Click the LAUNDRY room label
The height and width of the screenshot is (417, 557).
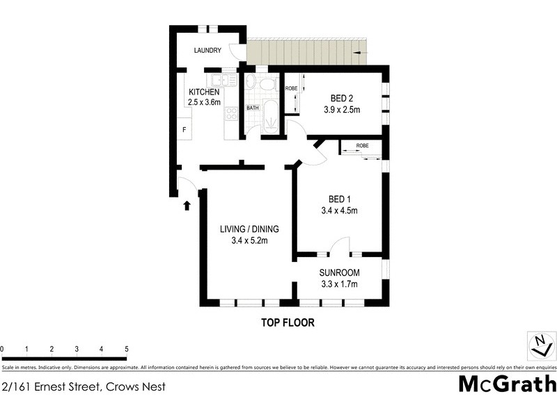coord(207,50)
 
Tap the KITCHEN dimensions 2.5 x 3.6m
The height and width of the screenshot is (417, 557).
coord(203,103)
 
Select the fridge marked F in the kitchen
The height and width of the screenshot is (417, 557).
coord(185,129)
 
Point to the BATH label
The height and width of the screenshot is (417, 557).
coord(253,108)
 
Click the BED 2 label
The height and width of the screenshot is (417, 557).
coord(340,98)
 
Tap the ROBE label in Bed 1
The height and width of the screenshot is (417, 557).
coord(362,146)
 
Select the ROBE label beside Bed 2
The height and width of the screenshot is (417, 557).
coord(291,88)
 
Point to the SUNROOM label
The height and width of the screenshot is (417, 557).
coord(339,272)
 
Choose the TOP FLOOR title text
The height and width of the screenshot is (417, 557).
coord(288,322)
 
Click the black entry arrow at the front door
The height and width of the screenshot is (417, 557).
coord(187,205)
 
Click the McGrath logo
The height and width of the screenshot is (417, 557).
coord(507,383)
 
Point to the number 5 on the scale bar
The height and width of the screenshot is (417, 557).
coord(127,349)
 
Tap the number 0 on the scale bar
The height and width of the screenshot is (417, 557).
coord(2,349)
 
